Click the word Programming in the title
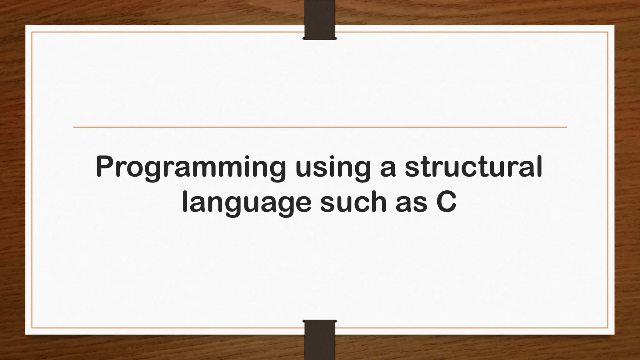[x=191, y=168]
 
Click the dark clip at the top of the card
[x=320, y=20]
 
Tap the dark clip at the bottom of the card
[x=320, y=341]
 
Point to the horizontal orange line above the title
[x=320, y=127]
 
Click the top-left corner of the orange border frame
[x=32, y=32]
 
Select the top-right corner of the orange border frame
[x=608, y=32]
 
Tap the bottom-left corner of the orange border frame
[x=32, y=328]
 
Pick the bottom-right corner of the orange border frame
[x=608, y=328]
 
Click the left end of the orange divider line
[x=74, y=127]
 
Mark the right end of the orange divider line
[x=566, y=127]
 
